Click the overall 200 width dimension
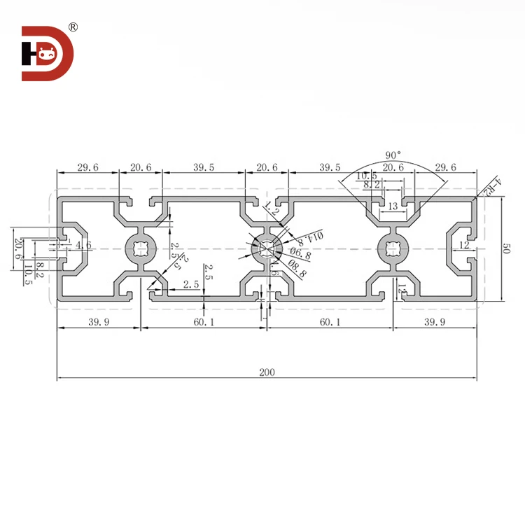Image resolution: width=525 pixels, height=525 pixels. [266, 372]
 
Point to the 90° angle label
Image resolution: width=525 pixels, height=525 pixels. [393, 155]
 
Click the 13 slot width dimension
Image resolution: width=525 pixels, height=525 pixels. [393, 206]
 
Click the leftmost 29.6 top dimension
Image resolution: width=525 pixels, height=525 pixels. [88, 167]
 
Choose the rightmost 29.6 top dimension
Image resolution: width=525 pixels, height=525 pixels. [444, 167]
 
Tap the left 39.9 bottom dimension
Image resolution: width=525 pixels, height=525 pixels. [98, 321]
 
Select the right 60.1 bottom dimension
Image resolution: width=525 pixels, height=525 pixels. [329, 321]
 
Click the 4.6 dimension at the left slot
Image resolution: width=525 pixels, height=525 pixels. [83, 245]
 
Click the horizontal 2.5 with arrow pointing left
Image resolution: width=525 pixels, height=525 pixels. [190, 283]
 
